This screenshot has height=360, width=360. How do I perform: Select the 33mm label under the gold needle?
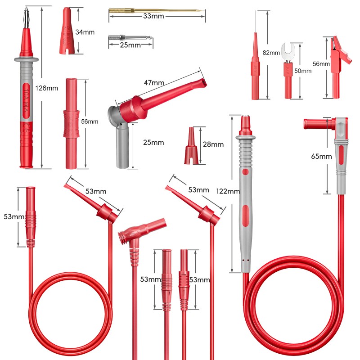click(x=153, y=16)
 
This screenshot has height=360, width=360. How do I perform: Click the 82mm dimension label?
click(x=271, y=53)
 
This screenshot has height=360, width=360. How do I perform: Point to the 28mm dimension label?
click(x=213, y=144)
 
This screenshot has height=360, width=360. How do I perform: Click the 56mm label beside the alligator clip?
click(x=321, y=64)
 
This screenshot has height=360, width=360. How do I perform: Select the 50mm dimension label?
click(x=303, y=71)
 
